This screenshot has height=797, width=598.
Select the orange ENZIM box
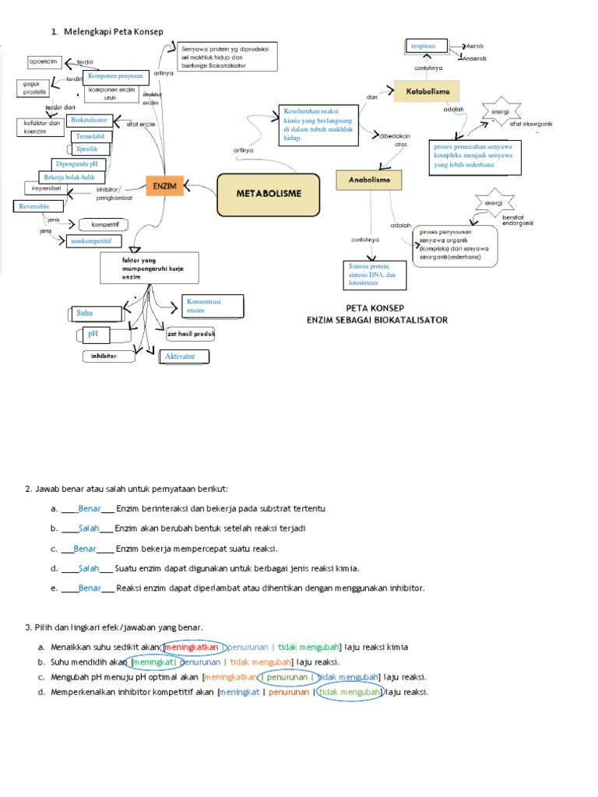point(164,187)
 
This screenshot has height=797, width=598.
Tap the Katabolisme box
point(427,92)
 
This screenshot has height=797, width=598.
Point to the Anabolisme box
point(369,180)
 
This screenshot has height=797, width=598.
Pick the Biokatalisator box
point(89,121)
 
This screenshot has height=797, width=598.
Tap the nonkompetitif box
point(94,242)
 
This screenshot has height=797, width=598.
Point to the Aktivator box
point(185,356)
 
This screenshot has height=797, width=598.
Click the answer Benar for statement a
point(90,508)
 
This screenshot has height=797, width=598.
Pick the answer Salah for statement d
point(89,568)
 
